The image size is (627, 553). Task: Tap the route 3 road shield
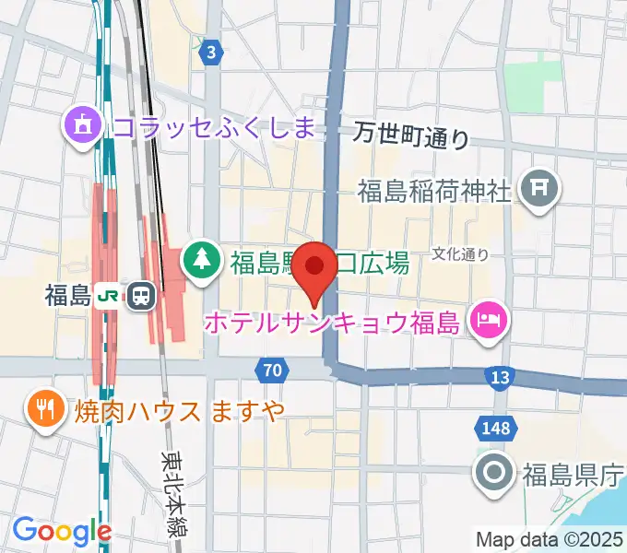click(x=213, y=53)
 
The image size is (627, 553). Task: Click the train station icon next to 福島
click(x=141, y=296)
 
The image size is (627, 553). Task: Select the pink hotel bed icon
click(x=487, y=322)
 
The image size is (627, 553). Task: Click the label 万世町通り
click(x=411, y=136)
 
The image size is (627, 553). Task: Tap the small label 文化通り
click(x=460, y=253)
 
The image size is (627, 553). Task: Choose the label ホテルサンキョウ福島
click(x=332, y=324)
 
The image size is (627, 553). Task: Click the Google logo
click(x=62, y=532)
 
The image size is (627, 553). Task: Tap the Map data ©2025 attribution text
click(x=550, y=539)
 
